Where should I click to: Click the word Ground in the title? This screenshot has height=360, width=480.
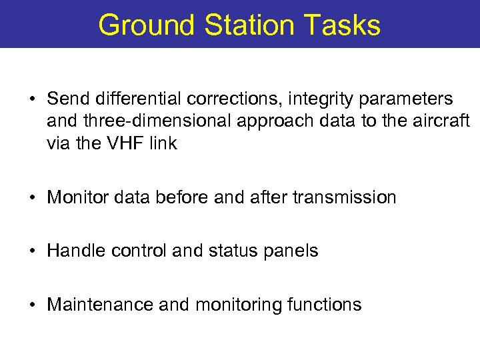147,25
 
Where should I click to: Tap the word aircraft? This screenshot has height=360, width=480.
444,121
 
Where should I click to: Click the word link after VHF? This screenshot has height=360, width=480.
162,143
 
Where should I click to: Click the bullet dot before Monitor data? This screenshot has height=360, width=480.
32,198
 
